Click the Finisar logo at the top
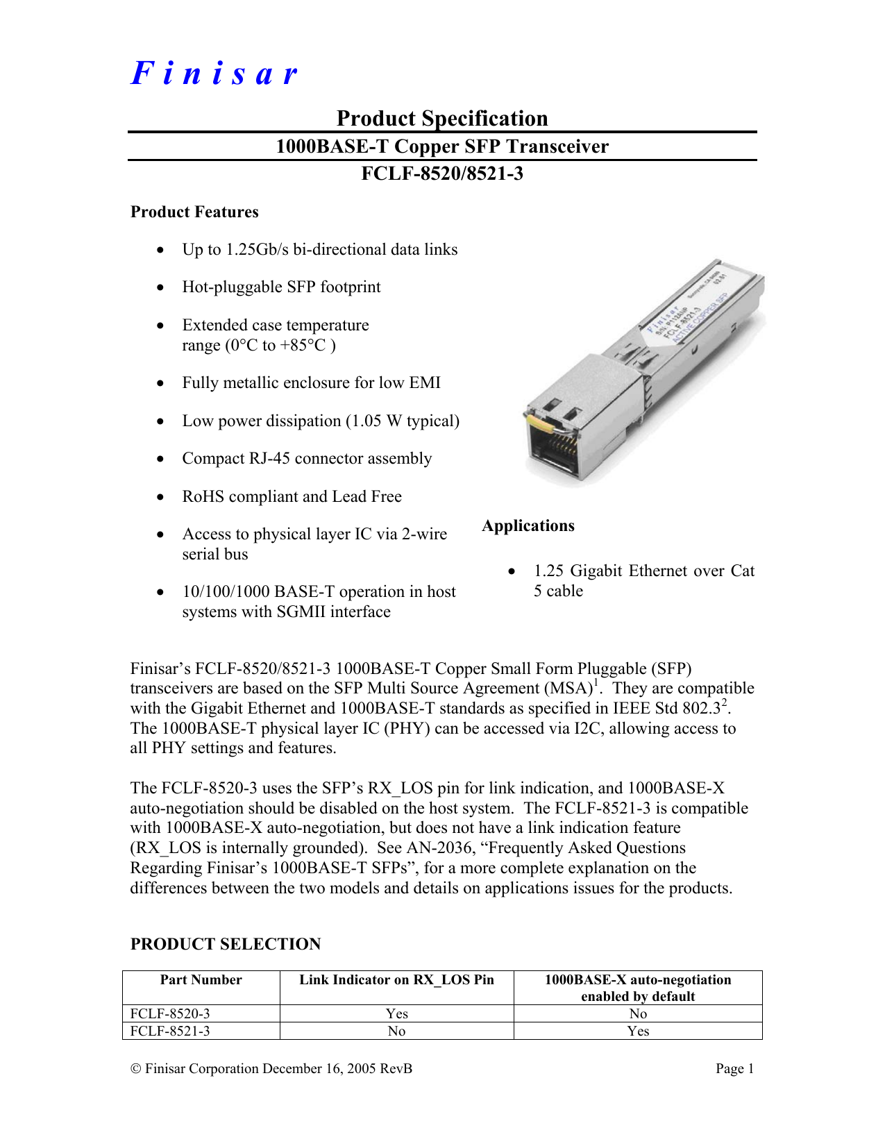point(214,74)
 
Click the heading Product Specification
point(442,118)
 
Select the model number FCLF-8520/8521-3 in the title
point(442,173)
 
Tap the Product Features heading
point(194,212)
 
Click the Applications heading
point(528,525)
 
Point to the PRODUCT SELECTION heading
point(226,944)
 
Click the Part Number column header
point(201,979)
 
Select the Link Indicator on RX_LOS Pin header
point(396,979)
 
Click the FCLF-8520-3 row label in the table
point(170,1013)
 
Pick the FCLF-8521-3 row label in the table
point(170,1031)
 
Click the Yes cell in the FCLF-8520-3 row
point(396,1013)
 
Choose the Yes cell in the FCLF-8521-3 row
point(638,1031)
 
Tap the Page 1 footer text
point(734,1068)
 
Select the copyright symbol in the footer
point(135,1068)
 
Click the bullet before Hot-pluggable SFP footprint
point(161,287)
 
